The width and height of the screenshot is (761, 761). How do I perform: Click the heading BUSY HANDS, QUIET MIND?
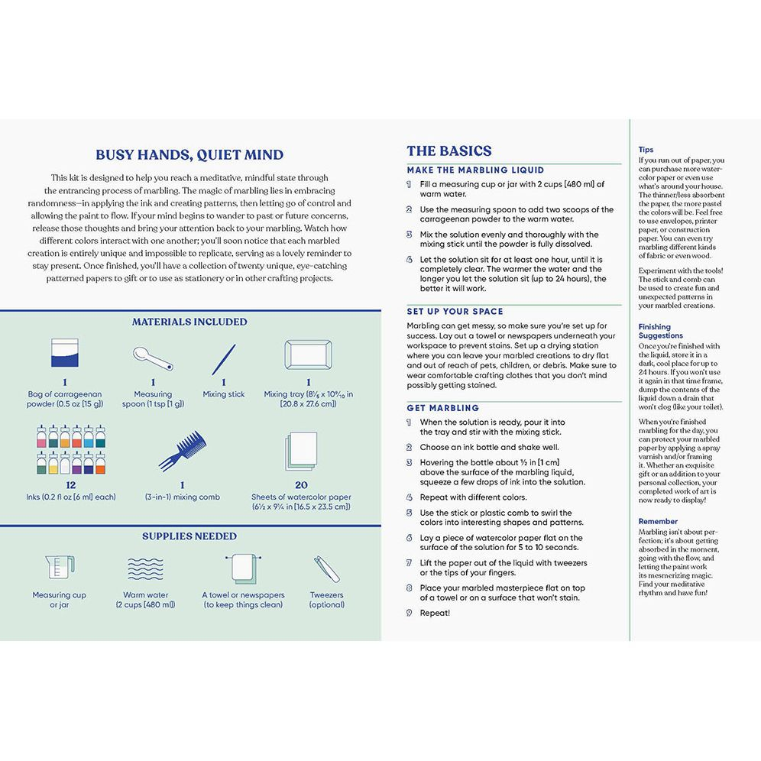pyautogui.click(x=189, y=154)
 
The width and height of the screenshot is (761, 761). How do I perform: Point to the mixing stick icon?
pyautogui.click(x=224, y=359)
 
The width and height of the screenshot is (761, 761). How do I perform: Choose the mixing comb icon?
pyautogui.click(x=182, y=451)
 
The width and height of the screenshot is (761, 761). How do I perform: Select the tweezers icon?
pyautogui.click(x=325, y=570)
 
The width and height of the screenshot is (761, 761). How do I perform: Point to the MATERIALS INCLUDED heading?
pyautogui.click(x=189, y=322)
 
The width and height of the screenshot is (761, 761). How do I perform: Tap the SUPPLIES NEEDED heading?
pyautogui.click(x=189, y=536)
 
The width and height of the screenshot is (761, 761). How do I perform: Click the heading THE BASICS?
pyautogui.click(x=449, y=151)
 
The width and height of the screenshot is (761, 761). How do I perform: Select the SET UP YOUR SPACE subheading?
pyautogui.click(x=455, y=312)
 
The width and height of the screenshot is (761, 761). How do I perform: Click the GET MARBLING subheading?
pyautogui.click(x=443, y=408)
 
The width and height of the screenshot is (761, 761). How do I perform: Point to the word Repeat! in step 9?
pyautogui.click(x=435, y=613)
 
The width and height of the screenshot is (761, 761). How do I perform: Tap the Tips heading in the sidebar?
pyautogui.click(x=646, y=150)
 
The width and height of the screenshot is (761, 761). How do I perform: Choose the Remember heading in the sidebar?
pyautogui.click(x=658, y=521)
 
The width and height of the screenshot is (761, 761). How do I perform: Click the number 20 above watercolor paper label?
pyautogui.click(x=301, y=484)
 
